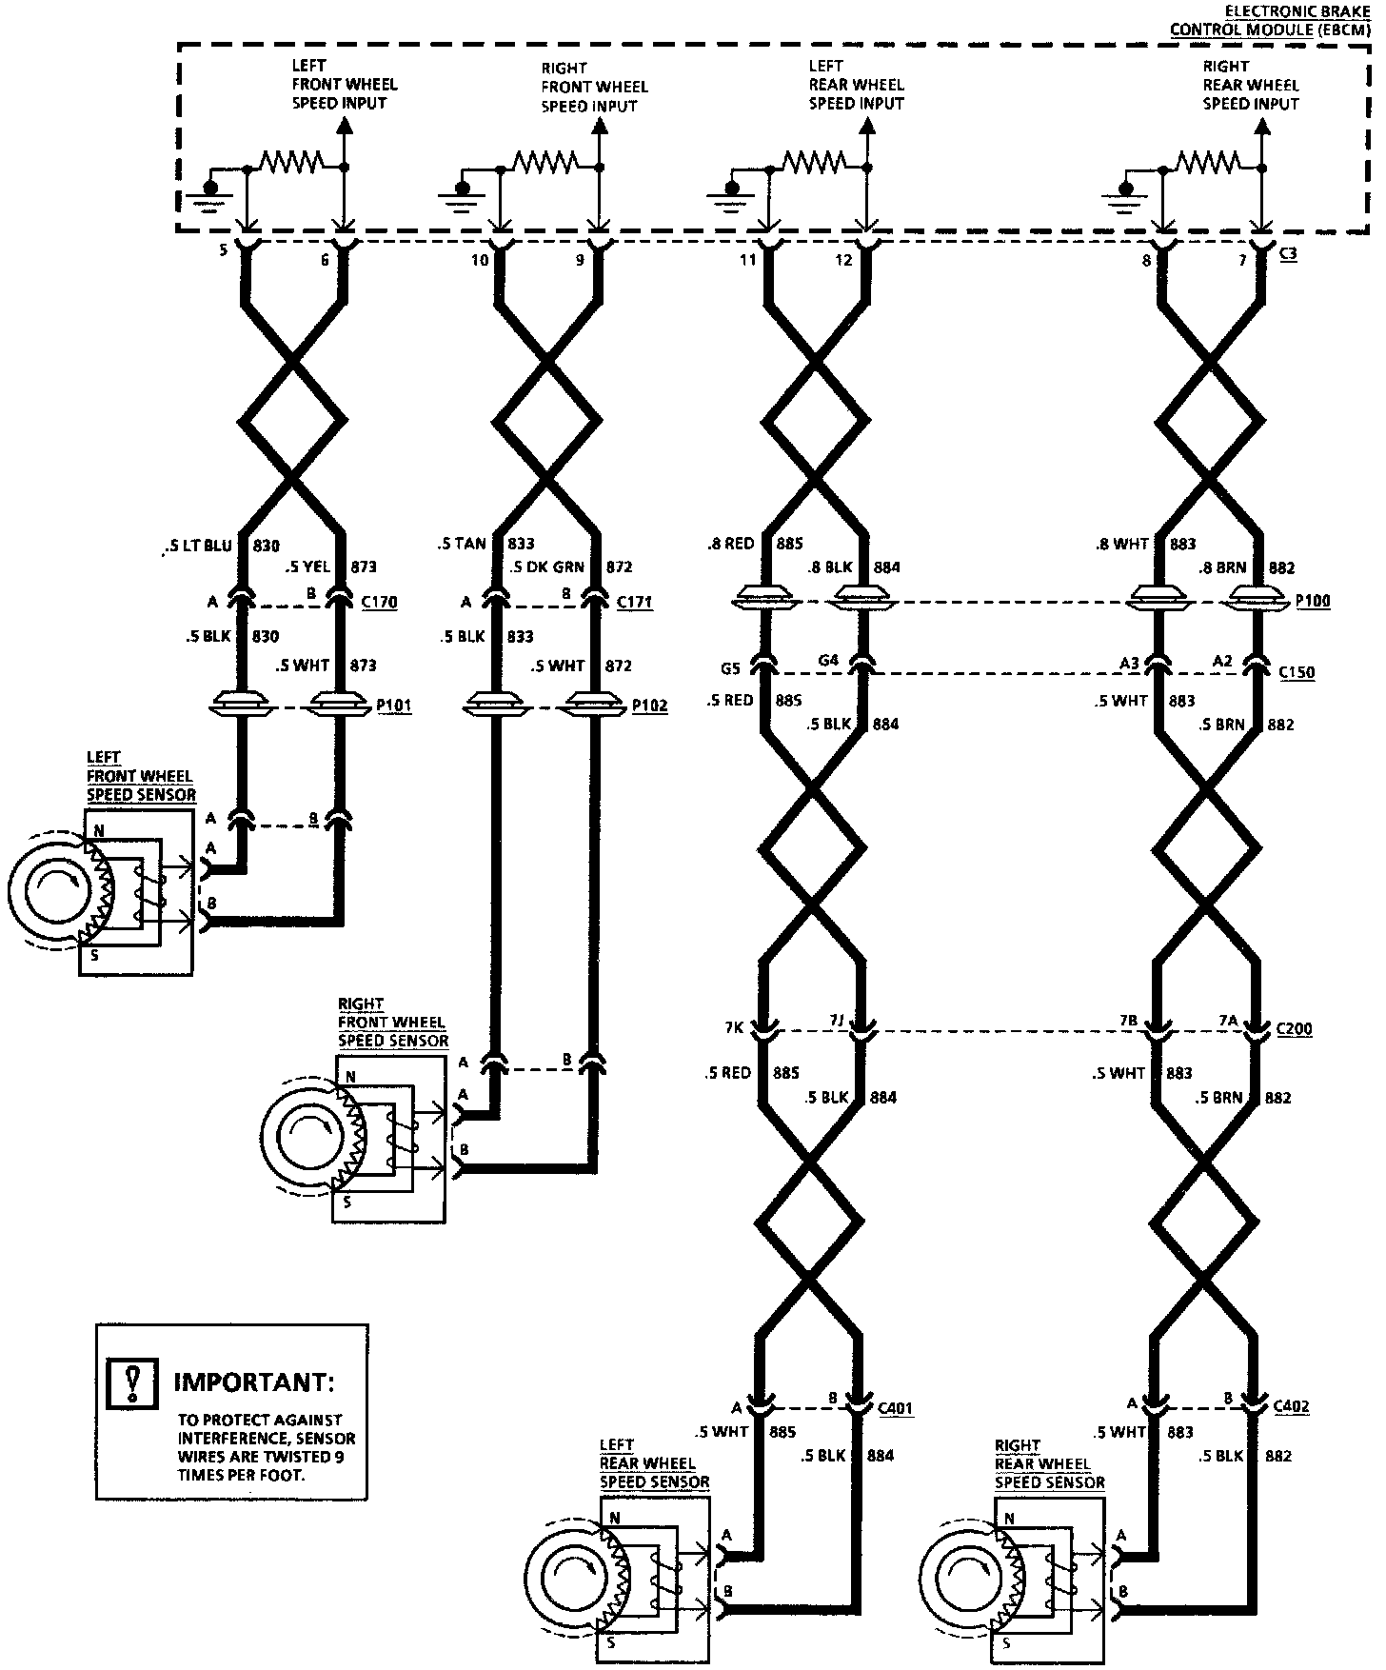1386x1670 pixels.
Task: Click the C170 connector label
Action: (379, 602)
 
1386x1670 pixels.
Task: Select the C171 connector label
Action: (635, 602)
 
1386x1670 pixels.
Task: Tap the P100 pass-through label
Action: (1313, 601)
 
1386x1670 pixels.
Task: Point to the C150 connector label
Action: (1297, 672)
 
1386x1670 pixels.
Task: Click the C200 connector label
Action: (1294, 1028)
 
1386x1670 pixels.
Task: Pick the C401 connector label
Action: (895, 1407)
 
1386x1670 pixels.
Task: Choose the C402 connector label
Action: (1290, 1406)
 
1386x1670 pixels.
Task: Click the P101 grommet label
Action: (394, 706)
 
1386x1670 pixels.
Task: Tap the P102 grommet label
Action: (650, 706)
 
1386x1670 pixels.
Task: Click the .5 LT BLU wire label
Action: (198, 546)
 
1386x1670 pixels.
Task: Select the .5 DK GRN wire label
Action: (546, 567)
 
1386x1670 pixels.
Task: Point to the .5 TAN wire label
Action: (463, 544)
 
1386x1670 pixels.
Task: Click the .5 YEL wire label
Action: (307, 567)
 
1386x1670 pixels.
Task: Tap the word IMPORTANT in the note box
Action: (254, 1382)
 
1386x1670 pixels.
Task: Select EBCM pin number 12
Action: (843, 259)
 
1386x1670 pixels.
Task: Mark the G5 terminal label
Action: (730, 667)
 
